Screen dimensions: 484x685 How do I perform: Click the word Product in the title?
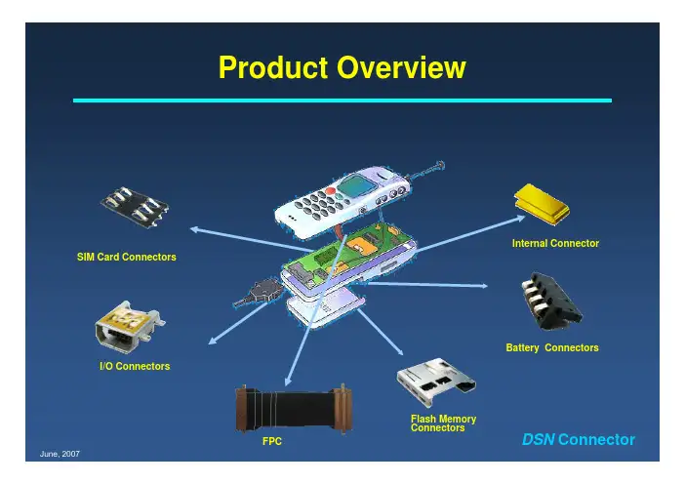tap(272, 68)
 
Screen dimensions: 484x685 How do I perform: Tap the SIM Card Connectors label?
tap(127, 257)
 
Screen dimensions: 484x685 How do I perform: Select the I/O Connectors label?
tap(135, 366)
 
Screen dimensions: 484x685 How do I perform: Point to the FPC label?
tap(272, 441)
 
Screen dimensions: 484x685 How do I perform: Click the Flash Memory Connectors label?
tap(444, 423)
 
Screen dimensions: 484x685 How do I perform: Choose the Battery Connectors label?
tap(552, 347)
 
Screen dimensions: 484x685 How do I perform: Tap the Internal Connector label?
tap(555, 242)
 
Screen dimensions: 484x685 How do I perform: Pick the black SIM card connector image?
tap(138, 204)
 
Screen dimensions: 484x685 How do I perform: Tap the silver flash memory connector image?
tap(439, 387)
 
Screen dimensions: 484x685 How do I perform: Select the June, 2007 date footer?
tap(60, 456)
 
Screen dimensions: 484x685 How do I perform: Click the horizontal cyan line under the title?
tap(342, 100)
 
